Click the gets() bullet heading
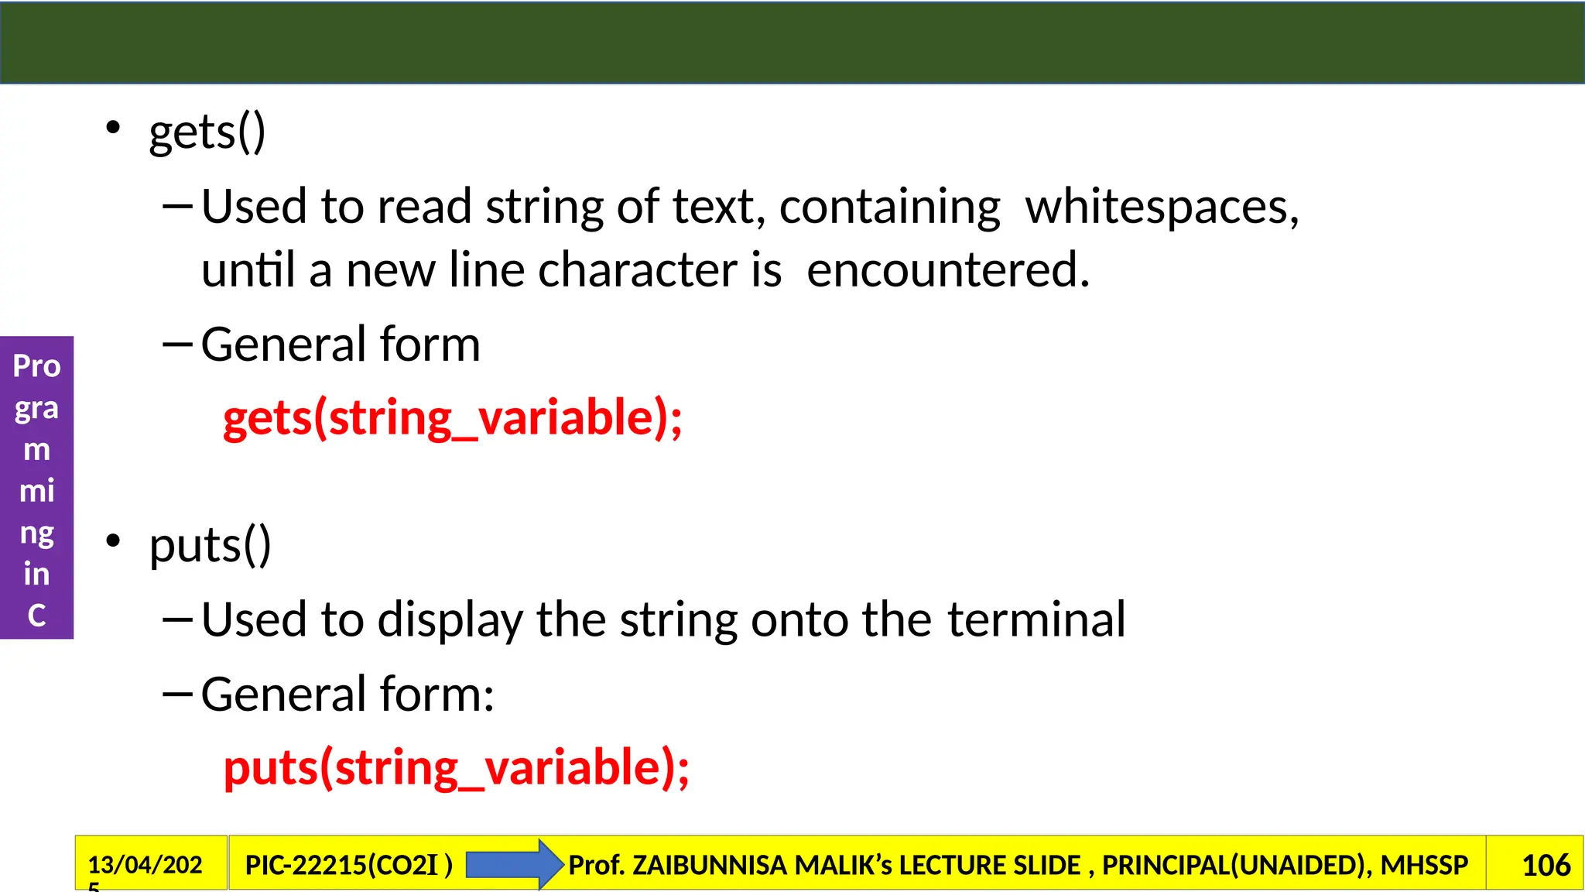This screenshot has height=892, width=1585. tap(207, 132)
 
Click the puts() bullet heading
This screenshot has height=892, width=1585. tap(210, 546)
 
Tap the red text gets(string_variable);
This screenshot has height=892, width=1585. tap(453, 418)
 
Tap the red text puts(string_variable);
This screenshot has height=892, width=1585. tap(456, 768)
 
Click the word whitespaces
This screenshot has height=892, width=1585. tap(1162, 208)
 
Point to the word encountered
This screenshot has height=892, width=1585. tap(948, 270)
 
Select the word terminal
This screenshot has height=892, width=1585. tap(1036, 620)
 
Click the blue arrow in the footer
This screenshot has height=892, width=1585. tap(513, 864)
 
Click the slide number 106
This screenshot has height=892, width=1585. tap(1546, 865)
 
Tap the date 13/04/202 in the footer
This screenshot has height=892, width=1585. tap(145, 864)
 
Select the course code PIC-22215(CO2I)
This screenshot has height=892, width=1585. tap(348, 865)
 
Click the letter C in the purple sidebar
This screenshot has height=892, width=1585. tap(36, 616)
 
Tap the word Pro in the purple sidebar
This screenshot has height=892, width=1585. tap(36, 366)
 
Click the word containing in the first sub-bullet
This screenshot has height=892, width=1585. tap(889, 208)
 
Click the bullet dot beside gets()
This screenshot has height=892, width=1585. tap(114, 128)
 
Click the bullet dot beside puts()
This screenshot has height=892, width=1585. tap(114, 541)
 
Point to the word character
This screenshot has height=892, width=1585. tap(637, 270)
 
